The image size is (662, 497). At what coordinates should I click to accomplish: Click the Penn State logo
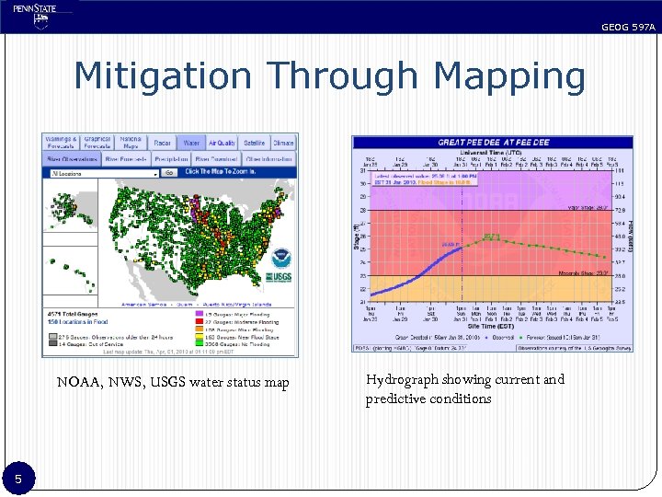click(36, 16)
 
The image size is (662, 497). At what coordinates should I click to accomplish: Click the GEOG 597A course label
click(628, 28)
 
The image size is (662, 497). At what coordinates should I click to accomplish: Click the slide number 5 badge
click(17, 478)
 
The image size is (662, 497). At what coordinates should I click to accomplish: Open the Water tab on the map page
click(191, 144)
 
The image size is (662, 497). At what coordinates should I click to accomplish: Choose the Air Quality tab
click(222, 144)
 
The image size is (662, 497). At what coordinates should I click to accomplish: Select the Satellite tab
click(255, 144)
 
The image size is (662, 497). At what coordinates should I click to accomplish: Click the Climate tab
click(283, 144)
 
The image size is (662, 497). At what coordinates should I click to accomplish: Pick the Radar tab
click(163, 144)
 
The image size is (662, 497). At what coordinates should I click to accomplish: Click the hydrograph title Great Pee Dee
click(493, 143)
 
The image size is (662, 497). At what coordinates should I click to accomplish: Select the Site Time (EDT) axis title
click(492, 327)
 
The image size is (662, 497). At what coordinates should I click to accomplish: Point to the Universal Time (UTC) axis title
click(492, 153)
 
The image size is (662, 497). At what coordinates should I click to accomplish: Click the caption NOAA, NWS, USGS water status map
click(172, 382)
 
